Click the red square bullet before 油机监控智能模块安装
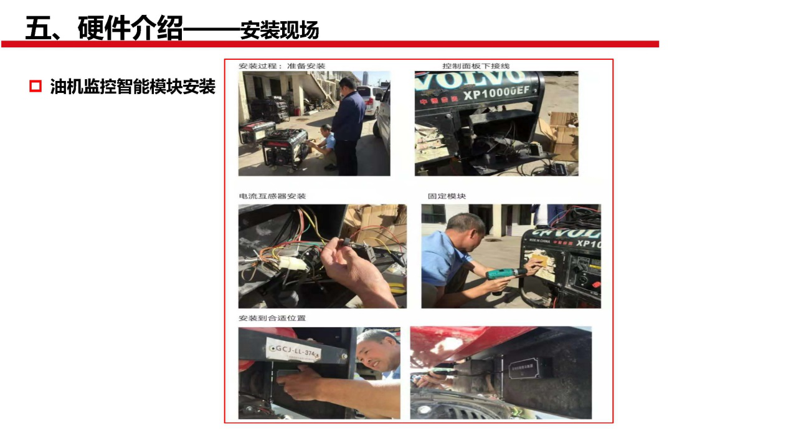[35, 87]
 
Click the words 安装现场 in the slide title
[280, 30]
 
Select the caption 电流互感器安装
[272, 196]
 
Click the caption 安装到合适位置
[272, 318]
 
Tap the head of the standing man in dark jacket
[348, 84]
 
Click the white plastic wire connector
[292, 263]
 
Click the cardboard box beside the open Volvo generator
[563, 134]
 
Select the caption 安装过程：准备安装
[282, 66]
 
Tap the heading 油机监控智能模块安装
[133, 87]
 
